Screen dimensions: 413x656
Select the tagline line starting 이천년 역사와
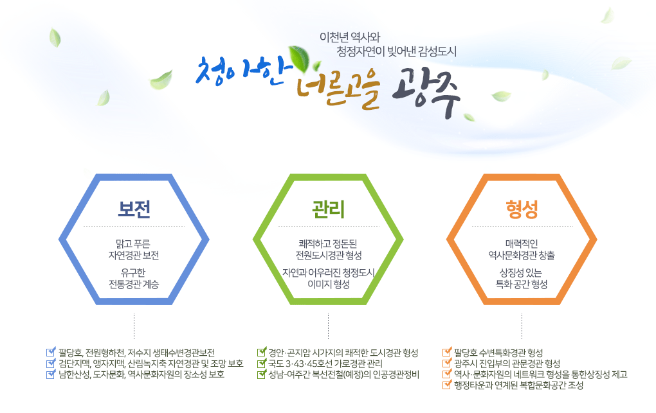click(354, 37)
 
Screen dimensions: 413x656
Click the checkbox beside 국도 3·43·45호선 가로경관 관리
click(261, 363)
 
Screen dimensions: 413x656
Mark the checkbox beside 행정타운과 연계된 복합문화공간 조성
click(447, 385)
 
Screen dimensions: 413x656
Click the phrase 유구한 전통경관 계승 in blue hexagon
click(134, 278)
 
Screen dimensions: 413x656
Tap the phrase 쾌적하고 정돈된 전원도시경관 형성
click(328, 249)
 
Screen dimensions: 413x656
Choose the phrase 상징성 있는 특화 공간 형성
click(522, 278)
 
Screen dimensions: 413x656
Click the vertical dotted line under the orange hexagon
click(522, 324)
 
